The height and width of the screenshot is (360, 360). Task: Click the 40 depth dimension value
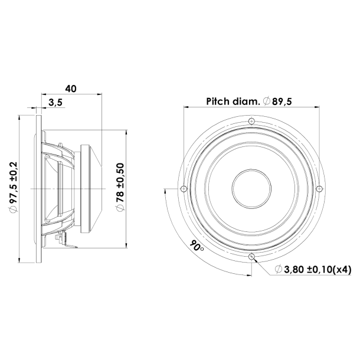[71, 89]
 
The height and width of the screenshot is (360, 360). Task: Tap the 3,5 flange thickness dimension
[56, 103]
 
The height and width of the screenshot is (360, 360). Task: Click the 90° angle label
[197, 246]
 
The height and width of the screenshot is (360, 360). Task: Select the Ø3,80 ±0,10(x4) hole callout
[313, 270]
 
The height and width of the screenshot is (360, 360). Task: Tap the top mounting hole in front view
[251, 121]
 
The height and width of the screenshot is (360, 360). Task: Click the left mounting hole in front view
[183, 189]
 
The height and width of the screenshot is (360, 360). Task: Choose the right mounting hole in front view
[319, 189]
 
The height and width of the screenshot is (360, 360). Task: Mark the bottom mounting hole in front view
[251, 257]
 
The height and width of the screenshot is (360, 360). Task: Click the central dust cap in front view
[251, 189]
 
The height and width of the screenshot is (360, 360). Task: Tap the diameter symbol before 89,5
[267, 102]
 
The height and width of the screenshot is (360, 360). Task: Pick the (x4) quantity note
[341, 270]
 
